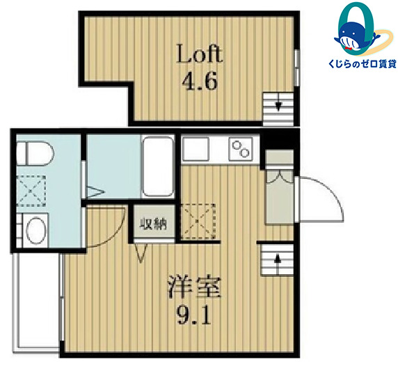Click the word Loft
point(200,54)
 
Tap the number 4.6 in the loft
point(200,81)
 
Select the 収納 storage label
point(154,224)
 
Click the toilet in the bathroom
point(35,153)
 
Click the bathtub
point(158,166)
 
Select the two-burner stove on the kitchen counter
point(241,149)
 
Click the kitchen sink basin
point(196,149)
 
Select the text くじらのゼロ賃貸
point(363,64)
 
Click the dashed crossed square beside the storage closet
point(198,221)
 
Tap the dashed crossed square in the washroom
point(31,191)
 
